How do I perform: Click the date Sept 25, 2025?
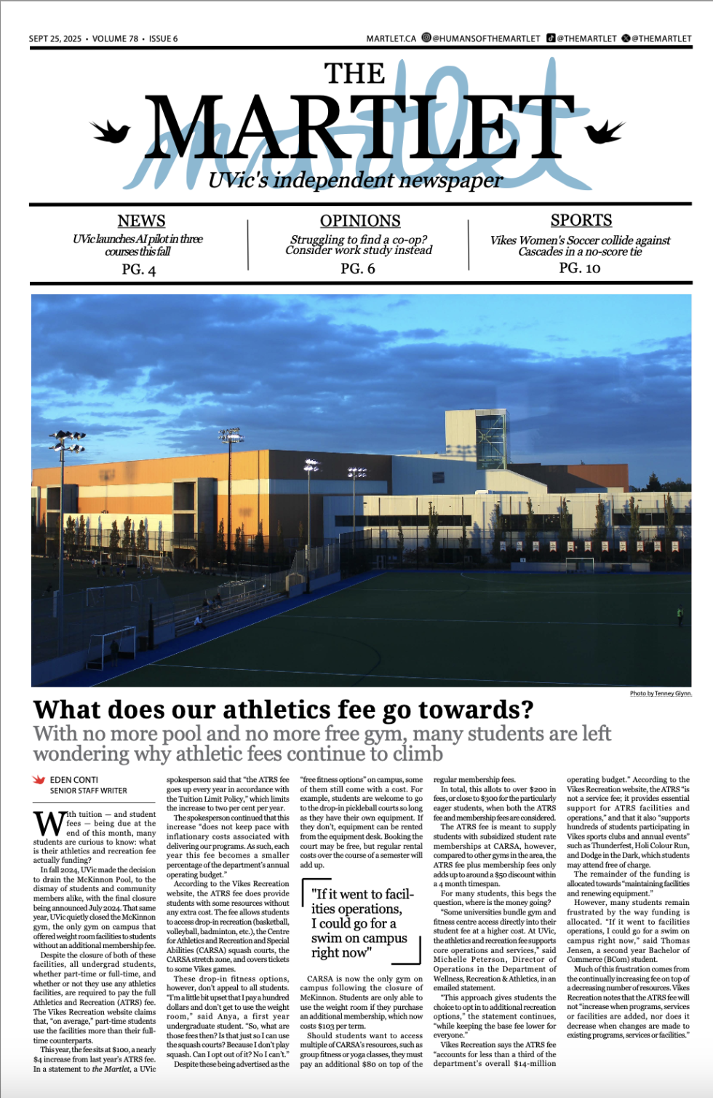tap(55, 39)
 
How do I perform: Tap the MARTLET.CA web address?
tap(391, 39)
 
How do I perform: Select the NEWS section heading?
tap(141, 221)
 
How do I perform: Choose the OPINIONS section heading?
tap(360, 221)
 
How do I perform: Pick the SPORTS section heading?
tap(581, 220)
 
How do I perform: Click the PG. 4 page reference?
tap(138, 269)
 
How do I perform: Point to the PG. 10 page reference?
tap(579, 268)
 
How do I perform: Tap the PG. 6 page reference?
tap(357, 269)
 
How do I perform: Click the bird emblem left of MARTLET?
tap(110, 132)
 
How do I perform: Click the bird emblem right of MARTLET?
tap(605, 132)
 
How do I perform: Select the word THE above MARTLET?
tap(355, 74)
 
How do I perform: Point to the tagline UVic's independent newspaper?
tap(355, 180)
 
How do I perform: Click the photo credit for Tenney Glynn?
tap(661, 693)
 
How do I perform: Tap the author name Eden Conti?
tap(73, 780)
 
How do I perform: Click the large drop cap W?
tap(49, 823)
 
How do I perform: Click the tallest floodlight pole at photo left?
tap(67, 510)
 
